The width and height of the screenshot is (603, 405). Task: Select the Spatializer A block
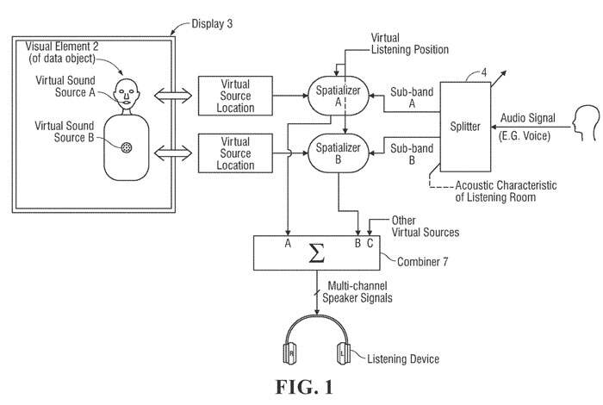339,96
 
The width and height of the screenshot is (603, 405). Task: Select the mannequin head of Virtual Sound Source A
127,89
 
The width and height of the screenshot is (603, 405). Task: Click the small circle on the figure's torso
128,147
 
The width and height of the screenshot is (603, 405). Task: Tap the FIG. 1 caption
301,388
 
